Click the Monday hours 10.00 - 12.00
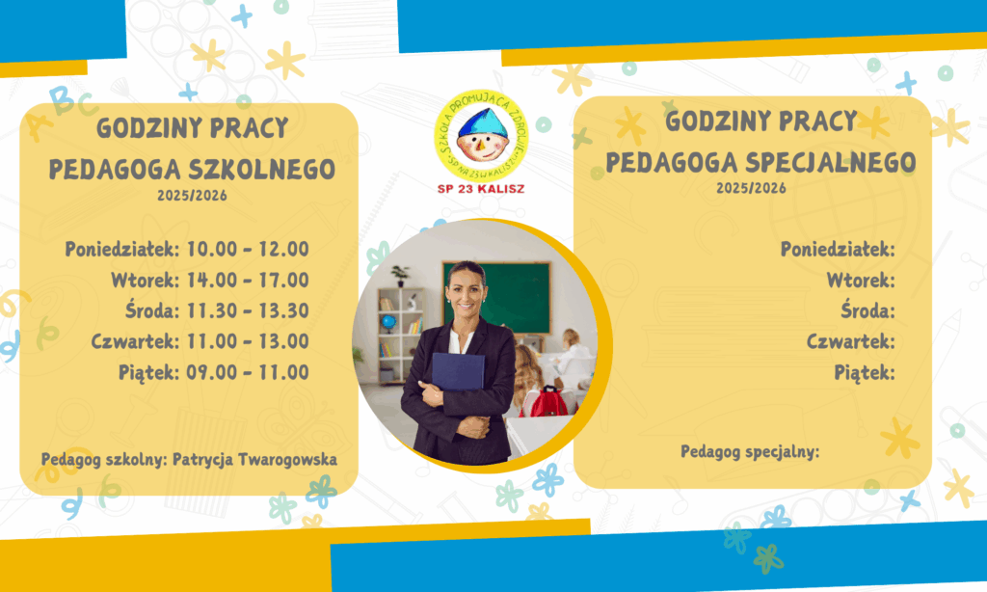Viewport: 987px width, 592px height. (248, 249)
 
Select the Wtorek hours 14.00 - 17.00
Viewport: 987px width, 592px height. (248, 280)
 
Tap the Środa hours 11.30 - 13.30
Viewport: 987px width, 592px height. (248, 310)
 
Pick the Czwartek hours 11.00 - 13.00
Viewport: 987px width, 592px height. (248, 341)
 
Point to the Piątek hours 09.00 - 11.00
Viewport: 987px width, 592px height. (248, 372)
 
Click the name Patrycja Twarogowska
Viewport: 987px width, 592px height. (254, 460)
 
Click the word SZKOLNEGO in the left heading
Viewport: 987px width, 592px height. (262, 170)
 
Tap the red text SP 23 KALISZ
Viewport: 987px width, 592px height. (481, 189)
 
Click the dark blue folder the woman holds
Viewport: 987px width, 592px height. (458, 373)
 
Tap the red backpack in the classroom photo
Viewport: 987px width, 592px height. (548, 402)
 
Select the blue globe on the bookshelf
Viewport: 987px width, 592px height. (388, 323)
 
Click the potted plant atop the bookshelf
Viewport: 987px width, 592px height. (400, 276)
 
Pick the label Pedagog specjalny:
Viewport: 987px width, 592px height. (750, 451)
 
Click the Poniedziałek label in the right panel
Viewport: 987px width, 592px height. (838, 249)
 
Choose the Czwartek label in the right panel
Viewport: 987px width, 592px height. (850, 341)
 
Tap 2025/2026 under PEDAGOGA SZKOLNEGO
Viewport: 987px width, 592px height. (192, 196)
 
